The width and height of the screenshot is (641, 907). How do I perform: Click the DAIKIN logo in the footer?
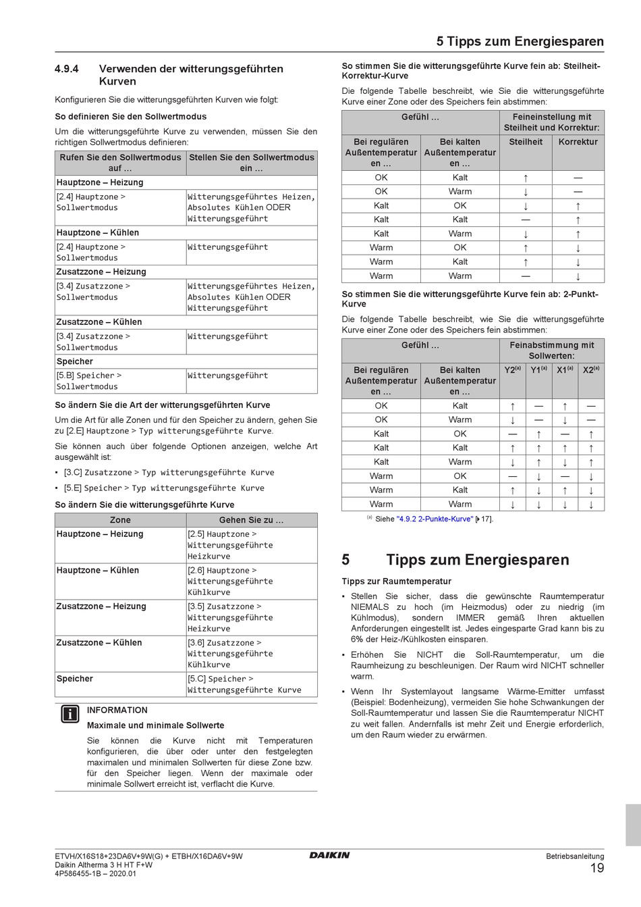click(x=329, y=855)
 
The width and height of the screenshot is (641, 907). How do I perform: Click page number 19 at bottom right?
click(x=596, y=869)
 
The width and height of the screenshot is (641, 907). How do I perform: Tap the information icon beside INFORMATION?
click(x=69, y=715)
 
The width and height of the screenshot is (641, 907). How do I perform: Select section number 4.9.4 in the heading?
click(x=67, y=69)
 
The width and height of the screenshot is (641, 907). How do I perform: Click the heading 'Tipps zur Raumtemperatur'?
click(x=396, y=581)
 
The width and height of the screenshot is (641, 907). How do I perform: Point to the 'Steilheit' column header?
click(x=526, y=142)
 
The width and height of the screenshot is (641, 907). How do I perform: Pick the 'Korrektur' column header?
click(x=578, y=142)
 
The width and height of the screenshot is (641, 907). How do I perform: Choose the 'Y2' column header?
click(x=512, y=370)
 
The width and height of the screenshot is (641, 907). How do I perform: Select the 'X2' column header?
click(x=591, y=370)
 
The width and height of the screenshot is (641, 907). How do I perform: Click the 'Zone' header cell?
click(x=120, y=520)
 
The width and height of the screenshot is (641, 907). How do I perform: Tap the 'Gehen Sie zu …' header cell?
click(x=251, y=520)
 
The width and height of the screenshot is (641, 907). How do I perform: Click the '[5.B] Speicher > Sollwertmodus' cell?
click(x=120, y=381)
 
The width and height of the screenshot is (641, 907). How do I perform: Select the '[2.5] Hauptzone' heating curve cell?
click(x=251, y=545)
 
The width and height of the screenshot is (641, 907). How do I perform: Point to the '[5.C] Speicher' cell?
click(x=251, y=684)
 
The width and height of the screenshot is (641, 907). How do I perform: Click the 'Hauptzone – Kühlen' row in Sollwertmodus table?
click(x=98, y=232)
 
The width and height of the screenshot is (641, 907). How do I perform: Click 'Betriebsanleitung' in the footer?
click(x=575, y=856)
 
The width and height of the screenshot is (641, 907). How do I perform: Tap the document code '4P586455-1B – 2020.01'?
click(x=95, y=873)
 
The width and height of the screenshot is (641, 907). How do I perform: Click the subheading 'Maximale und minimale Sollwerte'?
click(x=155, y=725)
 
